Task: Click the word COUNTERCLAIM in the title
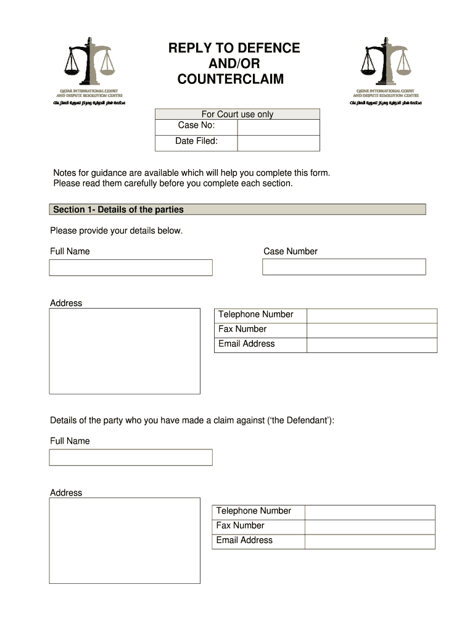coord(231,79)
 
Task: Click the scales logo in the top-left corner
coord(90,62)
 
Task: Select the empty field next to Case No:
coord(278,127)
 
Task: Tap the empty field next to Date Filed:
coord(278,143)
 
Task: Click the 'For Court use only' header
coord(237,114)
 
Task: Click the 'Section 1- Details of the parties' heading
coord(118,210)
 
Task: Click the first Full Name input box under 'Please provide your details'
coord(131,267)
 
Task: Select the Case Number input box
coord(344,267)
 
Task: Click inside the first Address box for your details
coord(125,351)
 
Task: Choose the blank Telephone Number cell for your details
coord(371,315)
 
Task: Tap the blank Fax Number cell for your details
coord(371,330)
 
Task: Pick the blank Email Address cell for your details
coord(371,345)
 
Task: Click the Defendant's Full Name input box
coord(131,457)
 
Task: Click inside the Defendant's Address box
coord(125,541)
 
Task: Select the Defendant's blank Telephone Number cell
coord(370,512)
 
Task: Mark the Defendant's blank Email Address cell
coord(370,541)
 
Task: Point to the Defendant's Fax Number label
coord(240,526)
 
